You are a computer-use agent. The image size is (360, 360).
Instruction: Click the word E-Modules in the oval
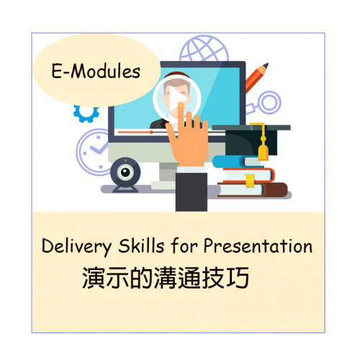pyautogui.click(x=96, y=71)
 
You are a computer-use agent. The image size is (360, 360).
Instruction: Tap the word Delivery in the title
pyautogui.click(x=77, y=246)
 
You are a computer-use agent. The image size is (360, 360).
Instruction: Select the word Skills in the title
pyautogui.click(x=141, y=246)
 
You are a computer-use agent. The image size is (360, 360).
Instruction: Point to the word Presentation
pyautogui.click(x=258, y=246)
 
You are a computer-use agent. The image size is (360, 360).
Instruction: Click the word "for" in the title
pyautogui.click(x=184, y=246)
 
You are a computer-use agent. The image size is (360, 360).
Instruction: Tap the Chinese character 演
pyautogui.click(x=94, y=278)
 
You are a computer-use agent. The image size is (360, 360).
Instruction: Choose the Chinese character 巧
pyautogui.click(x=238, y=278)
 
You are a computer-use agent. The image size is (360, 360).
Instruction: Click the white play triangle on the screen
pyautogui.click(x=178, y=99)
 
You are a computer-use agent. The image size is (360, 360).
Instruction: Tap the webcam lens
pyautogui.click(x=125, y=172)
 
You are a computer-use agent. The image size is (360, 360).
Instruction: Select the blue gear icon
pyautogui.click(x=86, y=113)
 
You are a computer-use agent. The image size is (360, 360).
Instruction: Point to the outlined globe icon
pyautogui.click(x=204, y=49)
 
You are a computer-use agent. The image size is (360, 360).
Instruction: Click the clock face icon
pyautogui.click(x=93, y=152)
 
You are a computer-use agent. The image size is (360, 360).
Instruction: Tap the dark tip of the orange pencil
pyautogui.click(x=266, y=66)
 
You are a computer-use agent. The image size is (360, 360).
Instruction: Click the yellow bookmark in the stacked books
pyautogui.click(x=250, y=181)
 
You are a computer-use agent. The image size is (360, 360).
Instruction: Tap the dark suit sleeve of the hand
pyautogui.click(x=192, y=192)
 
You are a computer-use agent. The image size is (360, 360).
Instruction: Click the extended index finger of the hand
pyautogui.click(x=181, y=115)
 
